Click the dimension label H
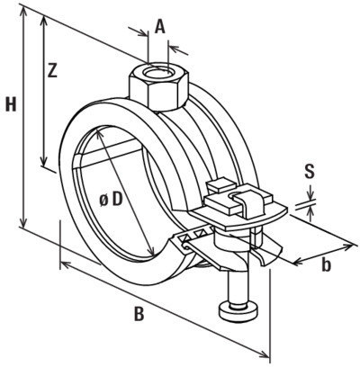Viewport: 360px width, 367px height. tap(10, 106)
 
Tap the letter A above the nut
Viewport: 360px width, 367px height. tap(160, 26)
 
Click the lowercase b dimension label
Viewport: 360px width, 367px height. tap(327, 265)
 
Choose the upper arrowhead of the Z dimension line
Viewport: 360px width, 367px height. tap(41, 20)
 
